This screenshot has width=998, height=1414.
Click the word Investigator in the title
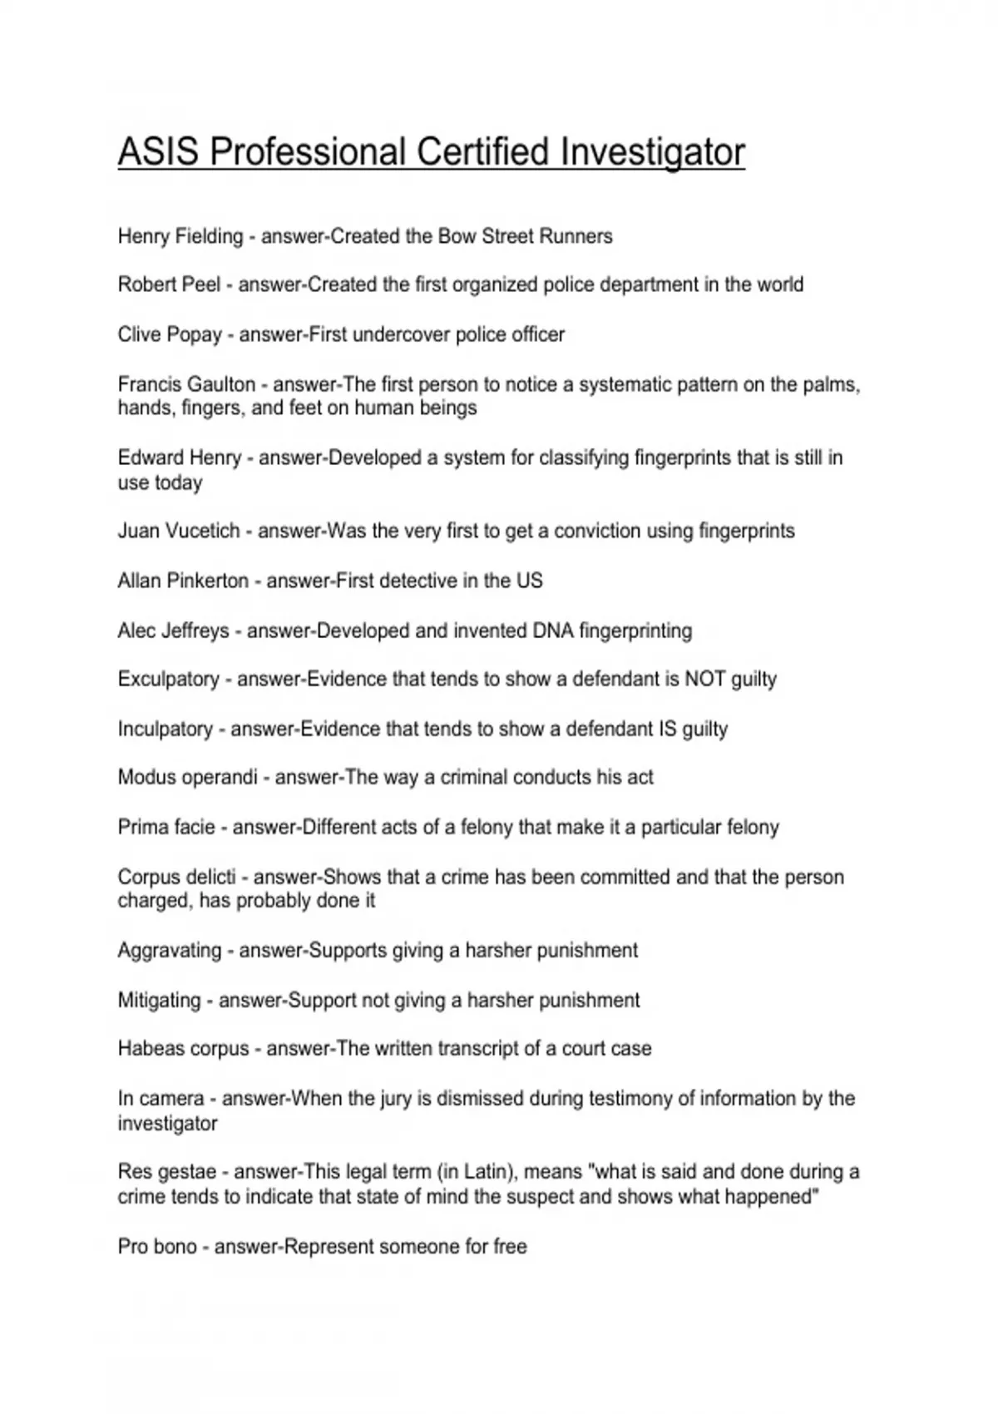point(652,153)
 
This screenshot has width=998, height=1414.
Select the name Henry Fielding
point(180,236)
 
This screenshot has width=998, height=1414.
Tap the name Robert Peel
point(169,284)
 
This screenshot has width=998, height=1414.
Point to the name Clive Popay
point(170,334)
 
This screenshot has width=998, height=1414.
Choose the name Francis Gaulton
point(186,384)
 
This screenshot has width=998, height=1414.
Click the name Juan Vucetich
point(179,531)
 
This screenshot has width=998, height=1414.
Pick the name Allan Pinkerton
point(183,581)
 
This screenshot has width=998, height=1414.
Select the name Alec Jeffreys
point(173,630)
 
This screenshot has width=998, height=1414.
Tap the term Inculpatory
point(166,729)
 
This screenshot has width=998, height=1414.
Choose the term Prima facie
point(166,827)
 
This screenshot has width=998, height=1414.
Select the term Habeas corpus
point(183,1048)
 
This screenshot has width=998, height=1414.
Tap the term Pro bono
point(157,1246)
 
